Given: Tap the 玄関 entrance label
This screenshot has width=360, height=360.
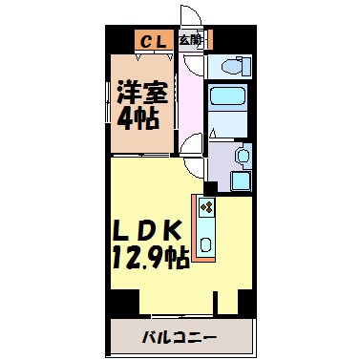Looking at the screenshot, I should pos(190,41).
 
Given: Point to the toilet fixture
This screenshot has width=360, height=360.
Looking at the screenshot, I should pos(229,67).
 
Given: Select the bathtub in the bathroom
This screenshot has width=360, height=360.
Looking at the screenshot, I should pos(228,98).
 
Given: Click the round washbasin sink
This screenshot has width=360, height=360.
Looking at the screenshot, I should pos(240,156).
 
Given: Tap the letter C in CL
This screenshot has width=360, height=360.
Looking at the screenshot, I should pos(147,41).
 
